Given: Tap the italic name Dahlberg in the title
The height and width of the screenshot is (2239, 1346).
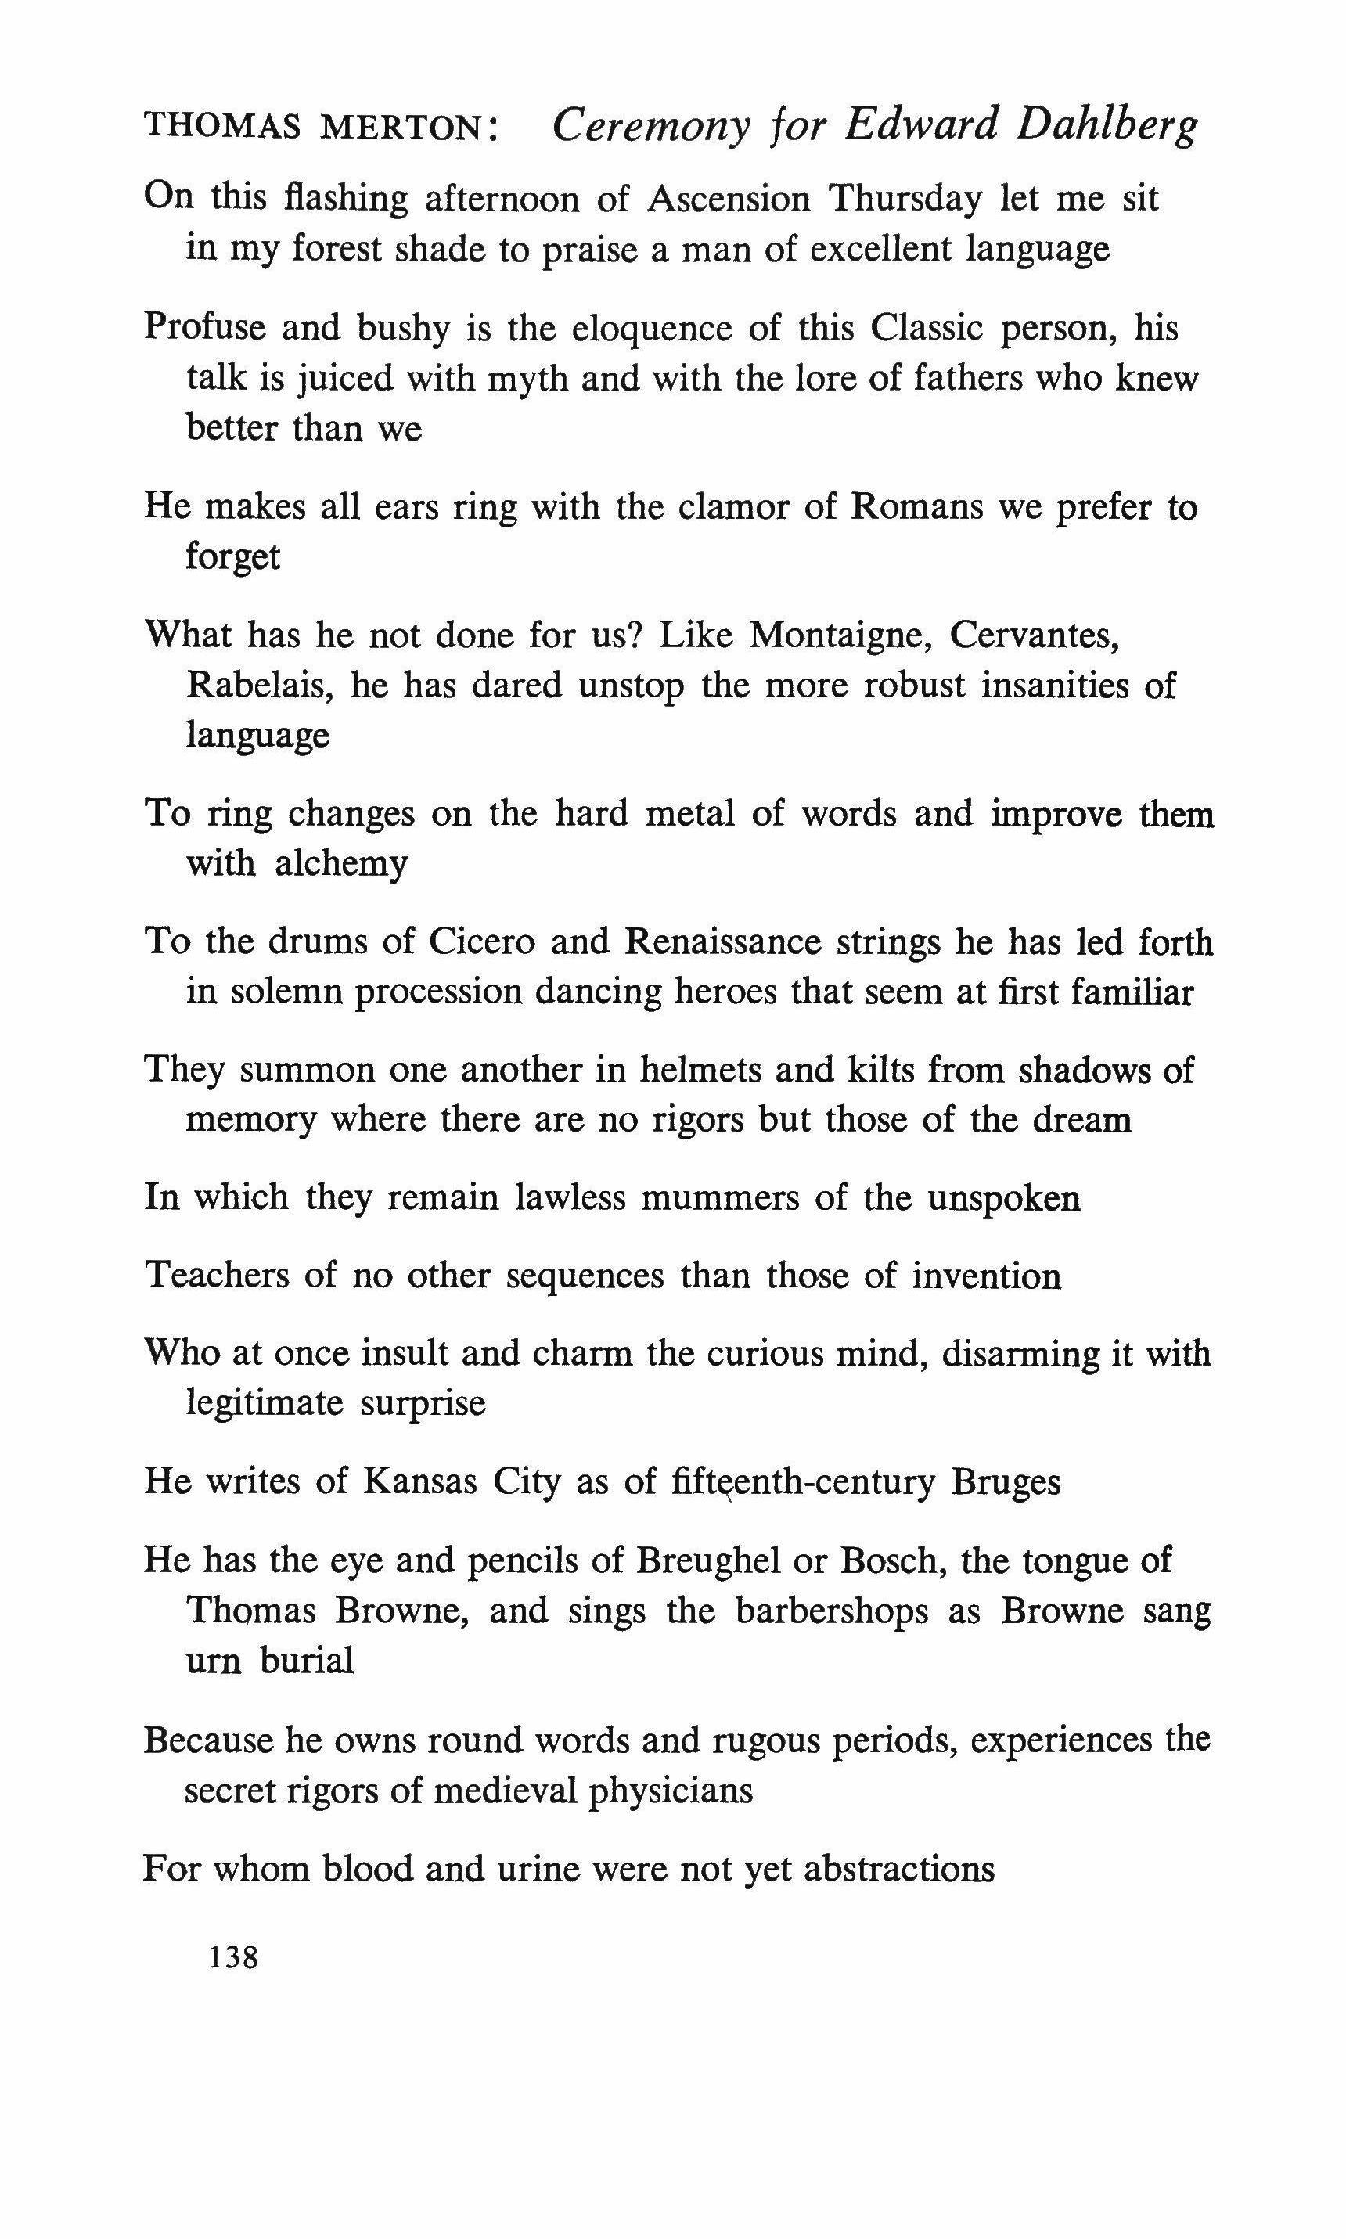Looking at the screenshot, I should [1107, 125].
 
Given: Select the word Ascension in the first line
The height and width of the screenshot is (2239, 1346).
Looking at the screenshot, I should [729, 198].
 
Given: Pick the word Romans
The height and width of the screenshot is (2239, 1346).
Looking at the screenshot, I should [917, 506].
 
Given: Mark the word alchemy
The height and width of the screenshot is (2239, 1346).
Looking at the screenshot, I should [341, 864].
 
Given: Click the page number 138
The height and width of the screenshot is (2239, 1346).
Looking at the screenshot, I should [234, 1957].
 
